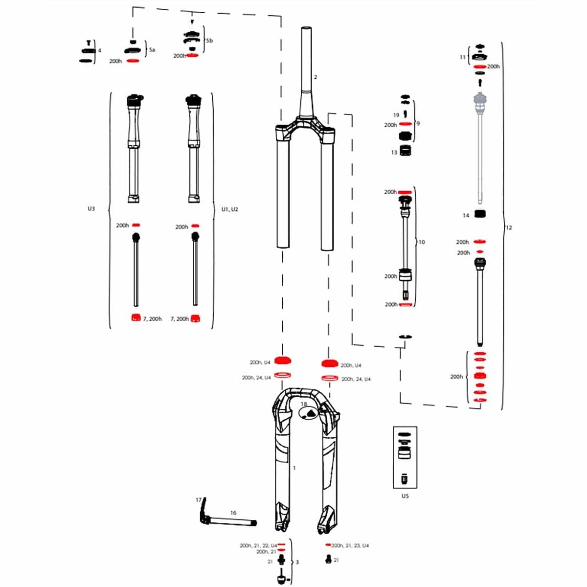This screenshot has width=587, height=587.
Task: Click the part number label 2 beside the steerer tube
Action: pos(316,77)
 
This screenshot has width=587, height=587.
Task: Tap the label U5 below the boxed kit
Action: pos(405,496)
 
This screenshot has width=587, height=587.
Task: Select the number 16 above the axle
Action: pos(233,513)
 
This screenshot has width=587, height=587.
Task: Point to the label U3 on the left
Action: pos(91,209)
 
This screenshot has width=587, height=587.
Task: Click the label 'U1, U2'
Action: pos(229,209)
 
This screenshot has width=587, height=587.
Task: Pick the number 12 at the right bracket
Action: pos(509,227)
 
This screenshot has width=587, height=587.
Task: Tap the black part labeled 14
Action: pos(480,214)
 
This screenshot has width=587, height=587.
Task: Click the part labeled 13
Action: pos(405,151)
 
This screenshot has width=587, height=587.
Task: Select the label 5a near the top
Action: pos(152,50)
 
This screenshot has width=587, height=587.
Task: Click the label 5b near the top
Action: pos(209,41)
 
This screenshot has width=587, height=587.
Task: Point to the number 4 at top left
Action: pos(100,50)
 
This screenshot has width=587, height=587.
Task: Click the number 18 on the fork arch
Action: pos(304,404)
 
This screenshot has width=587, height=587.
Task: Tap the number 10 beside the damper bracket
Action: pos(422,242)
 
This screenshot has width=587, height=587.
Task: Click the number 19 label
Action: pos(396,115)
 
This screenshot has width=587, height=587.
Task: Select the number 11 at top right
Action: pos(463,57)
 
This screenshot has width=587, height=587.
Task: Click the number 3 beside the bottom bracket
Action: pos(297,562)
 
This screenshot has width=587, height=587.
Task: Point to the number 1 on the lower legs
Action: pos(294,468)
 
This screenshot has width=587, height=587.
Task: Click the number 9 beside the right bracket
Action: pos(418,123)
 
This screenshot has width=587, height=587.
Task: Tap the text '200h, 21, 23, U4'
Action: pos(350,545)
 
